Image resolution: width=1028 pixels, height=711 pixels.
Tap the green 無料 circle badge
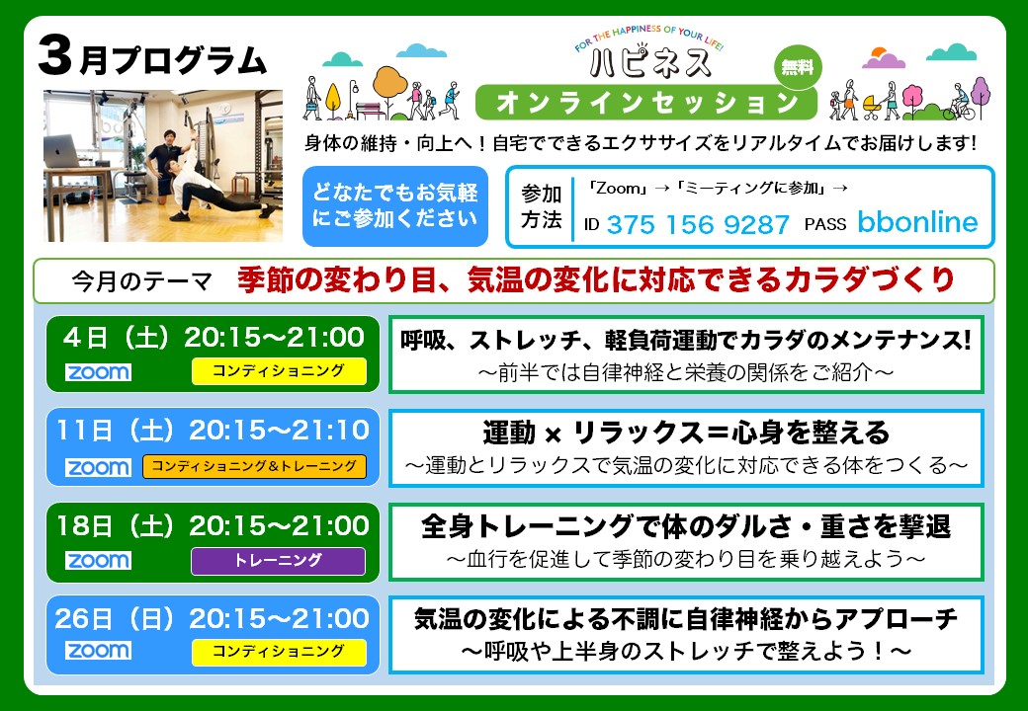point(797,67)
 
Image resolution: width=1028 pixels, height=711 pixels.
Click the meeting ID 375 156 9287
point(698,224)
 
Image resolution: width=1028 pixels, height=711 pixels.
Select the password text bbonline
point(917,222)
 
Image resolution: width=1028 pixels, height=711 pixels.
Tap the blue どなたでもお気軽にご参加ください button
point(394,206)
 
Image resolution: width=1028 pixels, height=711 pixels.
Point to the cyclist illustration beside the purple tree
point(958,104)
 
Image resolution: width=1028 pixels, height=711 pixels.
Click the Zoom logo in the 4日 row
point(98,372)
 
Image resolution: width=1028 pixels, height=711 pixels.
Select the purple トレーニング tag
point(278,561)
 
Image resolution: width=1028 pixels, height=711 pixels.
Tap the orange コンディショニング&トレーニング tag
point(254,467)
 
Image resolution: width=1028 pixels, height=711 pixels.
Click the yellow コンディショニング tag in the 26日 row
point(279,652)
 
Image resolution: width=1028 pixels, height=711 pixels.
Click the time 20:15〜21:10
point(280,431)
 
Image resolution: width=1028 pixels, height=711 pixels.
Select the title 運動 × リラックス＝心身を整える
point(686,433)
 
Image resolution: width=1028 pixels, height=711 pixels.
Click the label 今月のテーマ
point(141,280)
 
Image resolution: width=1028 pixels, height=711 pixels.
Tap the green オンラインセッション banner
point(645,102)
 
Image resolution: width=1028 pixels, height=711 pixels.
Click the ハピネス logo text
point(649,61)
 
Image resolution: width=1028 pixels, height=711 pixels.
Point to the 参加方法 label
point(541,207)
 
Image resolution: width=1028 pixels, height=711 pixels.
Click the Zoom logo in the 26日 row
point(98,651)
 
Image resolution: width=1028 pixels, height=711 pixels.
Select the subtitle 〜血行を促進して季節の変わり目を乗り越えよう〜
point(686,559)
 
